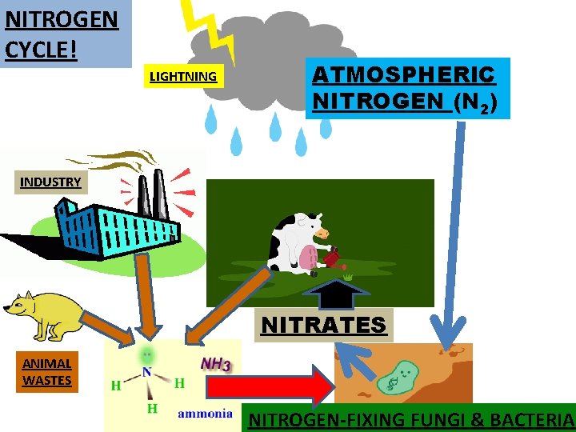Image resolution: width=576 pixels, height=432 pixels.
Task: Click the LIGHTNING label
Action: (183, 77)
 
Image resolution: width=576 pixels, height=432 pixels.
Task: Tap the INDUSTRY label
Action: (50, 182)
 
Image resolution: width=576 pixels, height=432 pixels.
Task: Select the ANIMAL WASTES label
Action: (46, 372)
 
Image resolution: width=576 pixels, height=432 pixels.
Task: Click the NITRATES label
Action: (323, 325)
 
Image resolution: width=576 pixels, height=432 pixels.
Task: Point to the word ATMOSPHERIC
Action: (404, 75)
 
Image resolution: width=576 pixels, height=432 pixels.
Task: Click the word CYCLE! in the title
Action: (41, 49)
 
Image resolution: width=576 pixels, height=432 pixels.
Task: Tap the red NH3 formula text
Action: (215, 364)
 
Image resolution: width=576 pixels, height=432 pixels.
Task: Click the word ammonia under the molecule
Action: (205, 413)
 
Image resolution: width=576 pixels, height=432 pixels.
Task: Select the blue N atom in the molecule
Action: (147, 372)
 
